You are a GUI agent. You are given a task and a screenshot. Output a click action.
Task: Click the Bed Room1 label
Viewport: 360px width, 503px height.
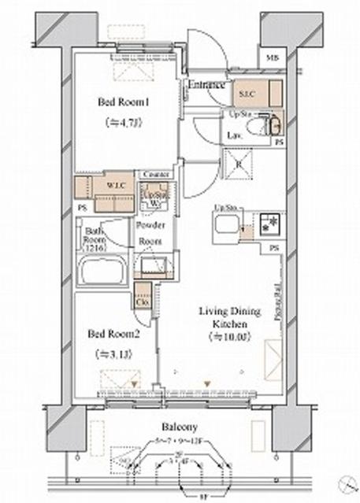pos(125,102)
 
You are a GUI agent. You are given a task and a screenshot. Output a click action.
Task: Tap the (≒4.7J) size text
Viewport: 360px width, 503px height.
pos(122,122)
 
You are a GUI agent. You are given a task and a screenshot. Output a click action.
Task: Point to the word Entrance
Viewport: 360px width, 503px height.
pos(207,85)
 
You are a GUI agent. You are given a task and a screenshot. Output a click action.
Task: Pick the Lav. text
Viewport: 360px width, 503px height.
pos(234,135)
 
